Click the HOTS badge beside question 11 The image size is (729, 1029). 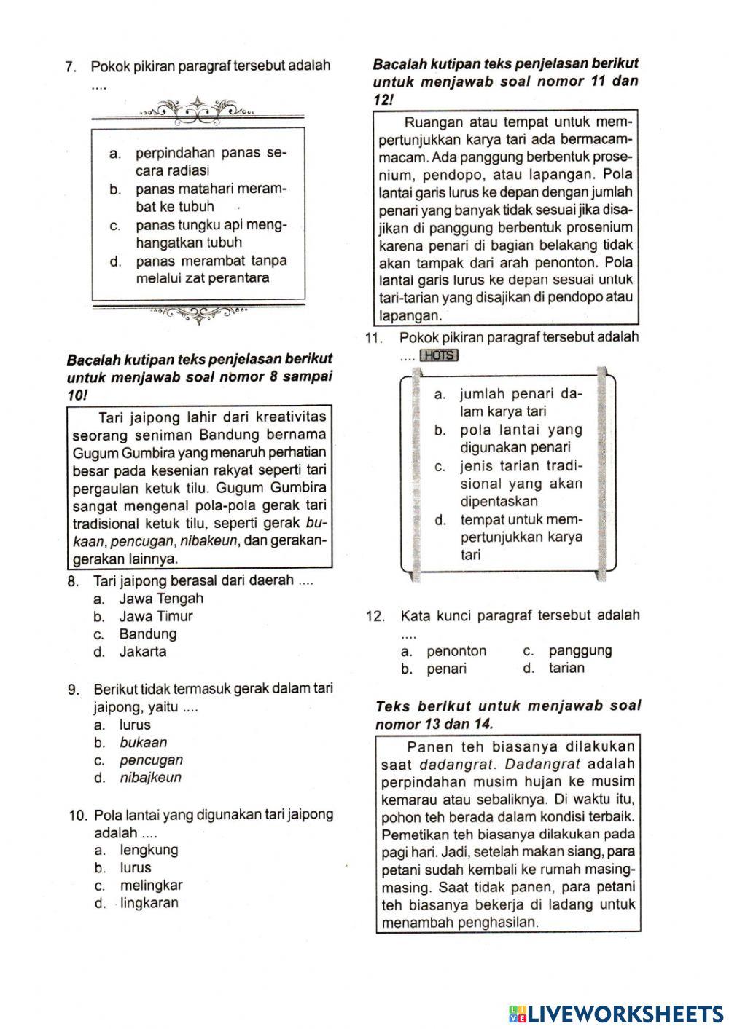(x=439, y=355)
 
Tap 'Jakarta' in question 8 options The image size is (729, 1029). (x=143, y=652)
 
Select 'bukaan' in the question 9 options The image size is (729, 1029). (x=144, y=742)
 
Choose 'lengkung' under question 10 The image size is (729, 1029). (x=149, y=850)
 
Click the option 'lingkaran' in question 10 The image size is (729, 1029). (x=149, y=903)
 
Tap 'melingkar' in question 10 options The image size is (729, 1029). (x=151, y=886)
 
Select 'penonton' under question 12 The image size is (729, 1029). (x=456, y=650)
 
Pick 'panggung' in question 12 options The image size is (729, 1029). (x=580, y=650)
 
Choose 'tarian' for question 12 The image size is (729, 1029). (x=566, y=668)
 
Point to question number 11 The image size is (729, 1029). (x=374, y=338)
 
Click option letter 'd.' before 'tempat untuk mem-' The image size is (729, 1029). (x=440, y=520)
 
